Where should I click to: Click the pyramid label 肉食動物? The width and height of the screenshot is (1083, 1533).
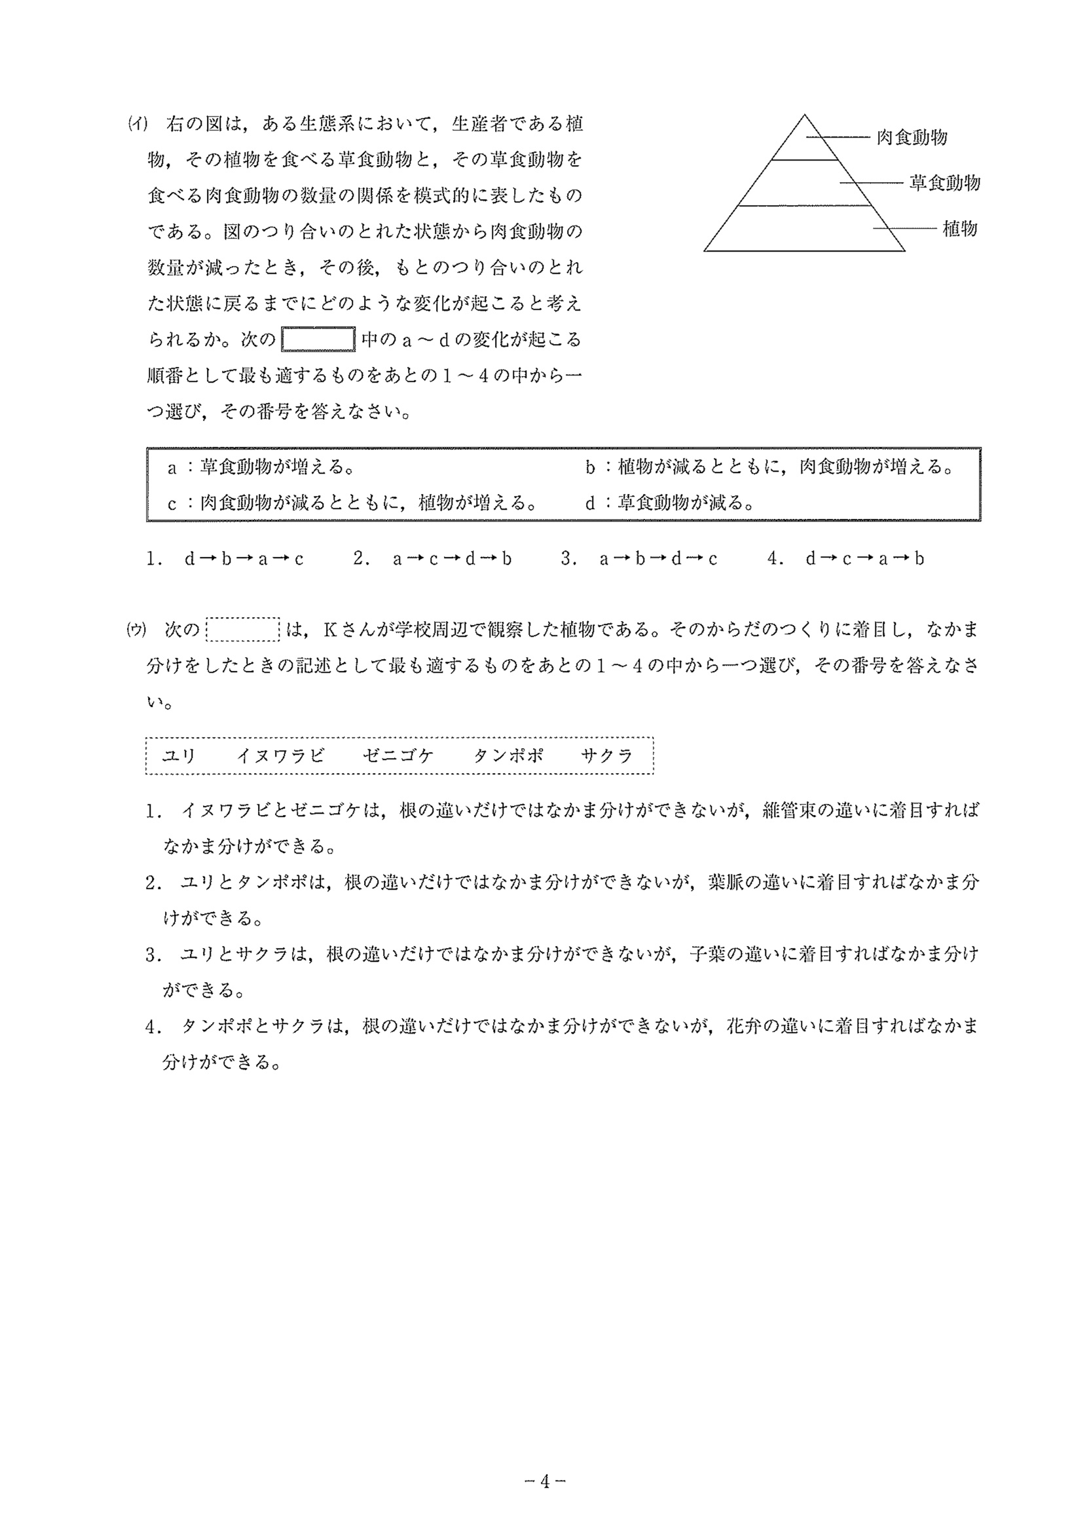click(911, 138)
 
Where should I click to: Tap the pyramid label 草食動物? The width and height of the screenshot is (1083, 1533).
click(944, 182)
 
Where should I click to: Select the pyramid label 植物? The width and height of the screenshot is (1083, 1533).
click(959, 229)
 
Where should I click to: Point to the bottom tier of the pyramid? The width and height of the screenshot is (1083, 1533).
click(803, 229)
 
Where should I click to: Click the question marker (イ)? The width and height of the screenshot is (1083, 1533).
click(138, 124)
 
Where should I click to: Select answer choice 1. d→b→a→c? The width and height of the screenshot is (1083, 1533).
click(225, 558)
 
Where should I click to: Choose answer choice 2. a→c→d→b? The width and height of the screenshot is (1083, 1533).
click(432, 558)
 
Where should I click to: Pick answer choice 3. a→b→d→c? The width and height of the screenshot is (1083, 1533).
click(639, 558)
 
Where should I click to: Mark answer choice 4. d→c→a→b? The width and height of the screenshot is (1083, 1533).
click(846, 558)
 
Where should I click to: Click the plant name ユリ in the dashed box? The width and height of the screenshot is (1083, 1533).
click(178, 755)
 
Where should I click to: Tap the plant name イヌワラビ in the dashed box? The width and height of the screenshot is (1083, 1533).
click(280, 755)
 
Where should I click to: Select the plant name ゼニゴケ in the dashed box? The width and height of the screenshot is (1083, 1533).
click(397, 755)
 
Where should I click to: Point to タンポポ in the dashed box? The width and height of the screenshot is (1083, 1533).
click(508, 755)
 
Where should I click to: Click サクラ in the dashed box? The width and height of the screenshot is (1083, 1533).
click(606, 755)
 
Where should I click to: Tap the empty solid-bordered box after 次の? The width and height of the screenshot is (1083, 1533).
click(318, 339)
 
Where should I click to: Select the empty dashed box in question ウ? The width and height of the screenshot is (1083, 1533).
click(243, 629)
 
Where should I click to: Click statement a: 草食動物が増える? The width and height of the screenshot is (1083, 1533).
click(260, 466)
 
